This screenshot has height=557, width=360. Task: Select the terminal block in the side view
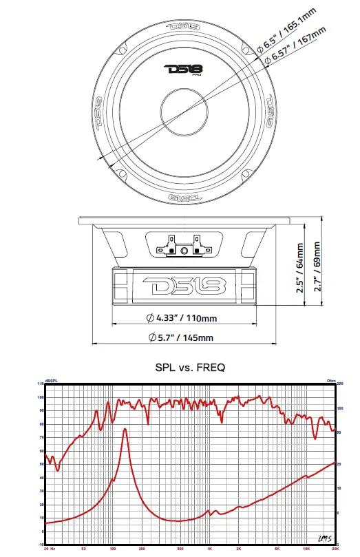point(182,245)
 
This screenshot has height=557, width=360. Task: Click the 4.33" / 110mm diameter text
point(181,318)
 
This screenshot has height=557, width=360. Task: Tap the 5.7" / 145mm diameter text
point(181,337)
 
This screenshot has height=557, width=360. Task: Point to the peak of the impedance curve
point(125,429)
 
